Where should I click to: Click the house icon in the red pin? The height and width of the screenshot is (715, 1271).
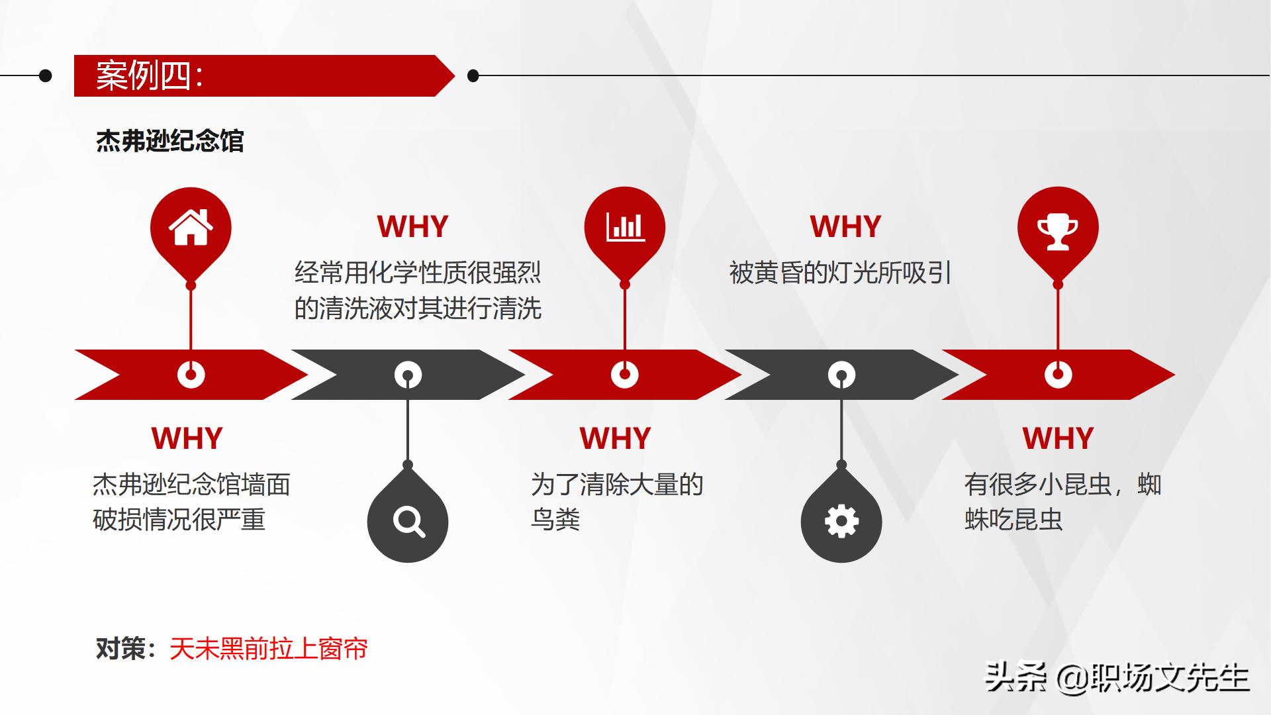[191, 227]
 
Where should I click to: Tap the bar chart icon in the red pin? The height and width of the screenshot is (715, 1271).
[625, 227]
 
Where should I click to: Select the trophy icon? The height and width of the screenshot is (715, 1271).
[1058, 230]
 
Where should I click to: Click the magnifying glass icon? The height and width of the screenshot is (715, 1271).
[408, 522]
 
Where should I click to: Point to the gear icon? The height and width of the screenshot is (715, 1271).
[841, 522]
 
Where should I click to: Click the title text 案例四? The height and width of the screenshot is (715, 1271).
[150, 75]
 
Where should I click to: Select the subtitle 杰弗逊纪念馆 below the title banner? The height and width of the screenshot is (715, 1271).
[170, 141]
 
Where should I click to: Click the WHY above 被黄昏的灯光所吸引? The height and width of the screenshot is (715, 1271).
[845, 226]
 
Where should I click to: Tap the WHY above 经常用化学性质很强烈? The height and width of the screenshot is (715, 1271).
[412, 226]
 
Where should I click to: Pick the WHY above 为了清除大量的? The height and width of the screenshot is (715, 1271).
[615, 438]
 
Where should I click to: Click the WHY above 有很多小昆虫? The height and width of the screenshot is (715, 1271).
[1058, 438]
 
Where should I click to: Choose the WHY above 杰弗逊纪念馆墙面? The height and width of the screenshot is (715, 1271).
[187, 438]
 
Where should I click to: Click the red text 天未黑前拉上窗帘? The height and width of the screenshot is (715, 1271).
[268, 649]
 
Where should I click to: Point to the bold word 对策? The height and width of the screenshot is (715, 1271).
[121, 649]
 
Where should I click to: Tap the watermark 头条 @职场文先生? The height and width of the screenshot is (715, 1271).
[1117, 677]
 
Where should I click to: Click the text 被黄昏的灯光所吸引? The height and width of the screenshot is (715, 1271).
[840, 273]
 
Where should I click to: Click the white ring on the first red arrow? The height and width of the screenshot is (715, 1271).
[191, 375]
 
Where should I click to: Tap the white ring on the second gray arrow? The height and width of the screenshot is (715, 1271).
[841, 375]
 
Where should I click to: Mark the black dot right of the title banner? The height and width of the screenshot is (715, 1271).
[473, 75]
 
